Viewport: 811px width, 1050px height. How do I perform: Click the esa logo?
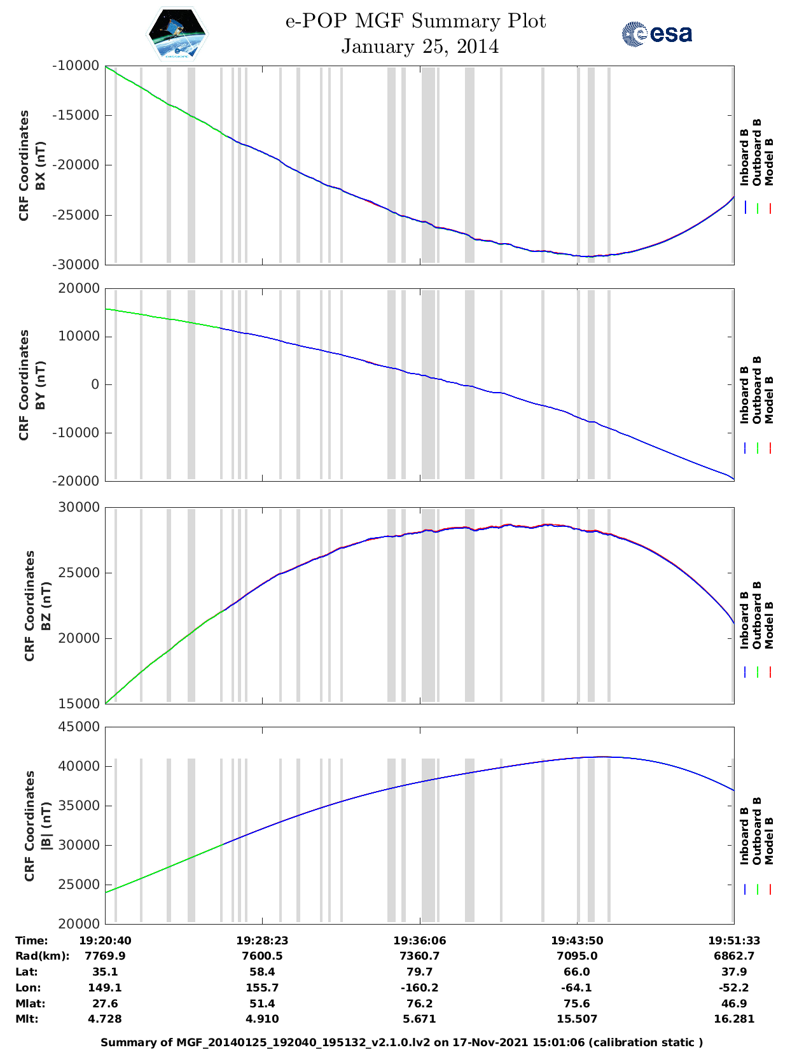click(x=657, y=34)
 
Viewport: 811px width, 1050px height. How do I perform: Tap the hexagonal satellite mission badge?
click(x=177, y=34)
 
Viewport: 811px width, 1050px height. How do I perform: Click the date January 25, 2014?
click(x=420, y=46)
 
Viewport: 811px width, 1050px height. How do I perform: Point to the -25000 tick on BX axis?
click(x=78, y=214)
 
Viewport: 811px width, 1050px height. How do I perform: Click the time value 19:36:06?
click(x=419, y=941)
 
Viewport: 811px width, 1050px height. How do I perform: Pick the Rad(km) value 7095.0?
click(x=576, y=956)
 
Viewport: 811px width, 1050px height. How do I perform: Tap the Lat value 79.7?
click(x=419, y=972)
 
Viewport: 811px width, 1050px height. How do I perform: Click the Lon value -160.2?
click(x=419, y=988)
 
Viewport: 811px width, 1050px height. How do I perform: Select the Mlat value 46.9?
click(x=734, y=1004)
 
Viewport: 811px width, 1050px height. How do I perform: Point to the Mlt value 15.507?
click(x=576, y=1019)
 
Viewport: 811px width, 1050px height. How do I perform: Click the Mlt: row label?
click(x=27, y=1019)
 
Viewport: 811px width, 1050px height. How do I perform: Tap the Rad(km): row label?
click(x=42, y=956)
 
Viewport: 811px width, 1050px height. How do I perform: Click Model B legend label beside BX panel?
click(x=769, y=162)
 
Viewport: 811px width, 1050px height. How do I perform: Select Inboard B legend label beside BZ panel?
click(x=744, y=620)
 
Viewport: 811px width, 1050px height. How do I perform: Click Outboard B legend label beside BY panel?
click(x=757, y=389)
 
